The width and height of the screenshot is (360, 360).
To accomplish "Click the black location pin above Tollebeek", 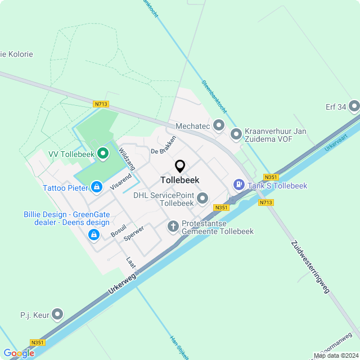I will point(180,166).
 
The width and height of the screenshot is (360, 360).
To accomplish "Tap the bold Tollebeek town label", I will point(180,180).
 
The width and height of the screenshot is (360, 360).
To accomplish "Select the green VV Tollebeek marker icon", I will point(102,153).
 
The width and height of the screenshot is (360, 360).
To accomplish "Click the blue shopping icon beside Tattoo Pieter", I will point(97,186).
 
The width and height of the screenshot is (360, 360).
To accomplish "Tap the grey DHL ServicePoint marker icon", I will point(202,198).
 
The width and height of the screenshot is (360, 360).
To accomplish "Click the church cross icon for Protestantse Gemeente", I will point(173,227).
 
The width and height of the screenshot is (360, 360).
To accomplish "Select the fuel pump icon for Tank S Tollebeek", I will point(239,184).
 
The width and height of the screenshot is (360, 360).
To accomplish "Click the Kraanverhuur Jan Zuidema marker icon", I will point(236,134).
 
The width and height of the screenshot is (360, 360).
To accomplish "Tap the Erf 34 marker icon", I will point(354,106).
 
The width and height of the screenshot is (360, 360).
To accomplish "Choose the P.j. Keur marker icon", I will point(57,314).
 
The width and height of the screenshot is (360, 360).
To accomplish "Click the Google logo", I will point(19,353).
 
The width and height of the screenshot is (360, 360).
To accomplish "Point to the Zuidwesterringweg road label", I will point(310,268).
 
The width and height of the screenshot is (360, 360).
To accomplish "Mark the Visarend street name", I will point(121,181).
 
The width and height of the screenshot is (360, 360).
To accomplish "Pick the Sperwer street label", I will point(136,233).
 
